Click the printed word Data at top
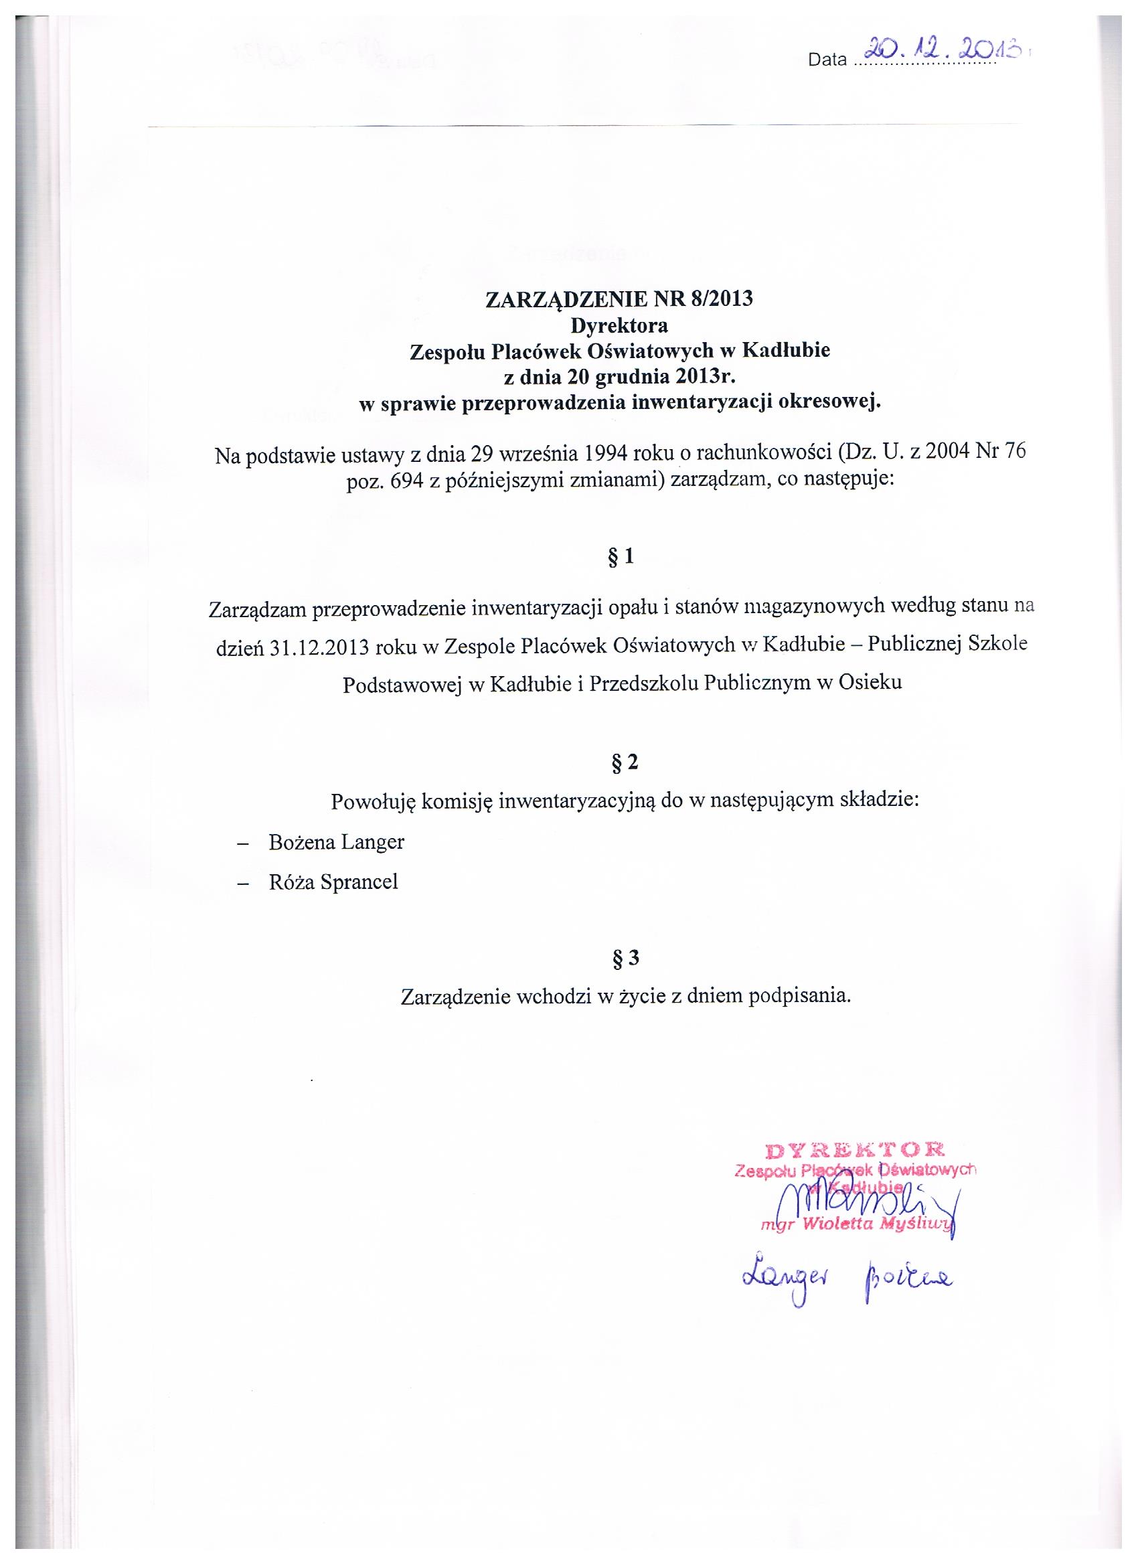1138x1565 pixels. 827,60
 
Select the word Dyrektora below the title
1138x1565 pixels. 619,325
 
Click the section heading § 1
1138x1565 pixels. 621,556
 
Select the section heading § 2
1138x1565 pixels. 621,762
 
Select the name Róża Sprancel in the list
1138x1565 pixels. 333,882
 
